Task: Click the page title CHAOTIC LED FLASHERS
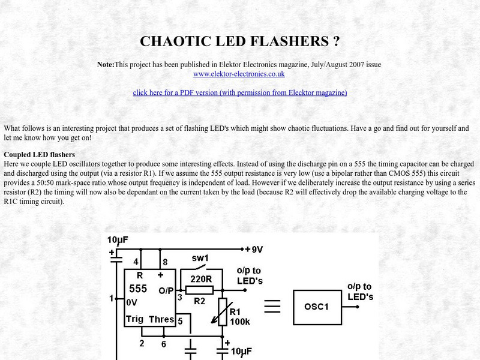point(240,41)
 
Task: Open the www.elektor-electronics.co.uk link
point(239,74)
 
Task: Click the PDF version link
point(240,92)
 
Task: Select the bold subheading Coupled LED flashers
point(39,154)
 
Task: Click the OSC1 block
point(317,307)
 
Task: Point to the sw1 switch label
point(200,259)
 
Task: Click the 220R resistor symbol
point(200,290)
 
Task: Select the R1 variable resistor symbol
point(222,312)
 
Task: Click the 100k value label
point(239,322)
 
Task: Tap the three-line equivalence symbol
point(272,307)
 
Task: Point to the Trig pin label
point(134,319)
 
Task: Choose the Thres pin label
point(161,319)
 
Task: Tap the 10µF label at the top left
point(118,239)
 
